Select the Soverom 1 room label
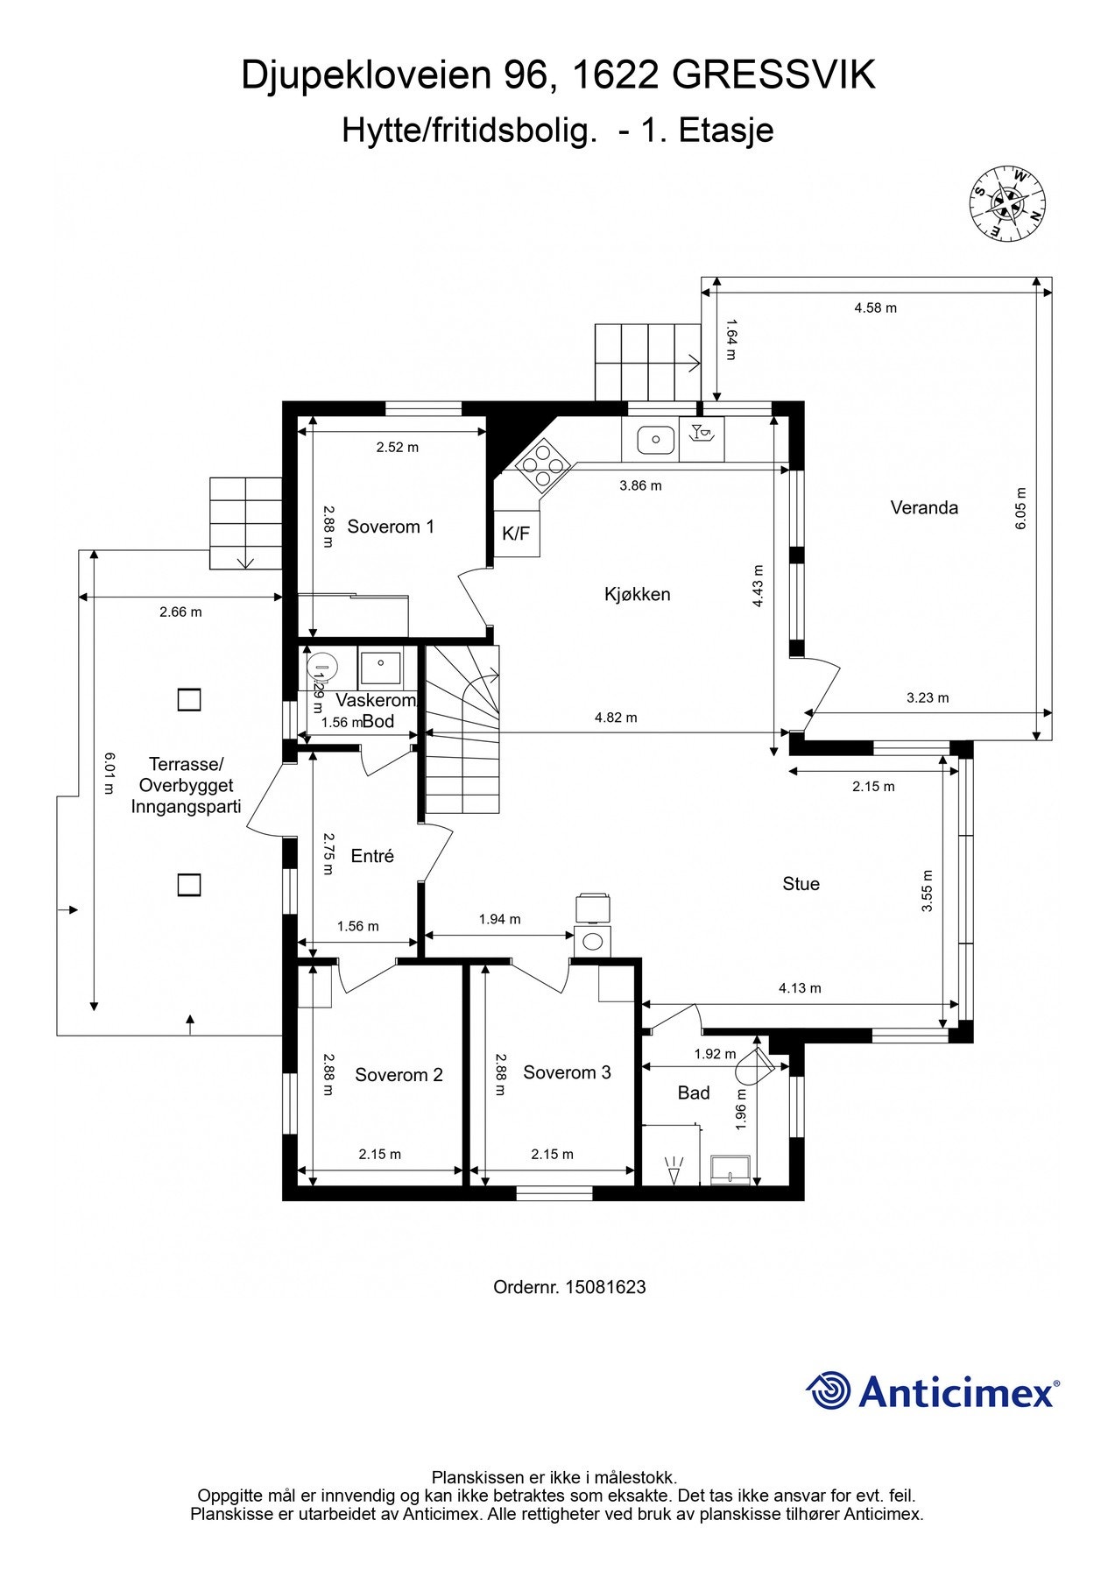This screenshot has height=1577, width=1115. tap(391, 527)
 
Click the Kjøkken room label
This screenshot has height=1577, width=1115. tap(638, 594)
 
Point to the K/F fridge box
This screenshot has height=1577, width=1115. tap(517, 533)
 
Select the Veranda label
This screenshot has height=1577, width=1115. tap(924, 507)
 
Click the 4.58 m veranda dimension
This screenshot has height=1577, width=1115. tap(876, 308)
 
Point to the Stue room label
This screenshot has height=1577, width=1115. tap(801, 884)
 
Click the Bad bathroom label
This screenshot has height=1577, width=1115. tap(694, 1093)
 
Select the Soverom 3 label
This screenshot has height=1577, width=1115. tap(567, 1072)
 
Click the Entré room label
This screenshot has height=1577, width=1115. tap(372, 856)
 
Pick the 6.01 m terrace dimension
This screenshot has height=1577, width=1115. tap(109, 774)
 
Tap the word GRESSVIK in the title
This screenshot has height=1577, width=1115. tap(774, 75)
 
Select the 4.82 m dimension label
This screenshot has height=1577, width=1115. tap(616, 718)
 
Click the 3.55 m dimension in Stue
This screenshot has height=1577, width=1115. tap(928, 891)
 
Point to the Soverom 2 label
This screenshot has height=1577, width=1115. tap(399, 1075)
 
